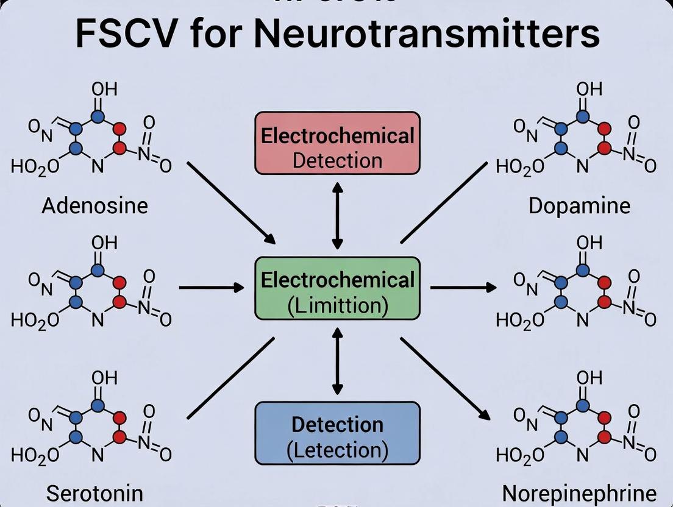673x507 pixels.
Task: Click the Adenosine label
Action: click(94, 205)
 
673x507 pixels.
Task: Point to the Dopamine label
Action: click(579, 205)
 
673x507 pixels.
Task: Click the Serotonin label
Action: click(94, 493)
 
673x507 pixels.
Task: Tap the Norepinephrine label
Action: click(579, 493)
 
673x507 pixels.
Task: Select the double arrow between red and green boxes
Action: click(337, 214)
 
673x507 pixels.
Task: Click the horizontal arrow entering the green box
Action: click(211, 287)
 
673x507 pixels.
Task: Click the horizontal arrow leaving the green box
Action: click(463, 287)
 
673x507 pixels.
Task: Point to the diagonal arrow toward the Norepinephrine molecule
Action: click(445, 378)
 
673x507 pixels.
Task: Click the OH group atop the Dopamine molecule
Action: click(589, 90)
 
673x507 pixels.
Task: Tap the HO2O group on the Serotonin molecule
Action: click(35, 455)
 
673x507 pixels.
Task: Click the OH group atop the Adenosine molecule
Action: click(104, 90)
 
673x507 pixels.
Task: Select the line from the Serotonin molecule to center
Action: click(230, 378)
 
